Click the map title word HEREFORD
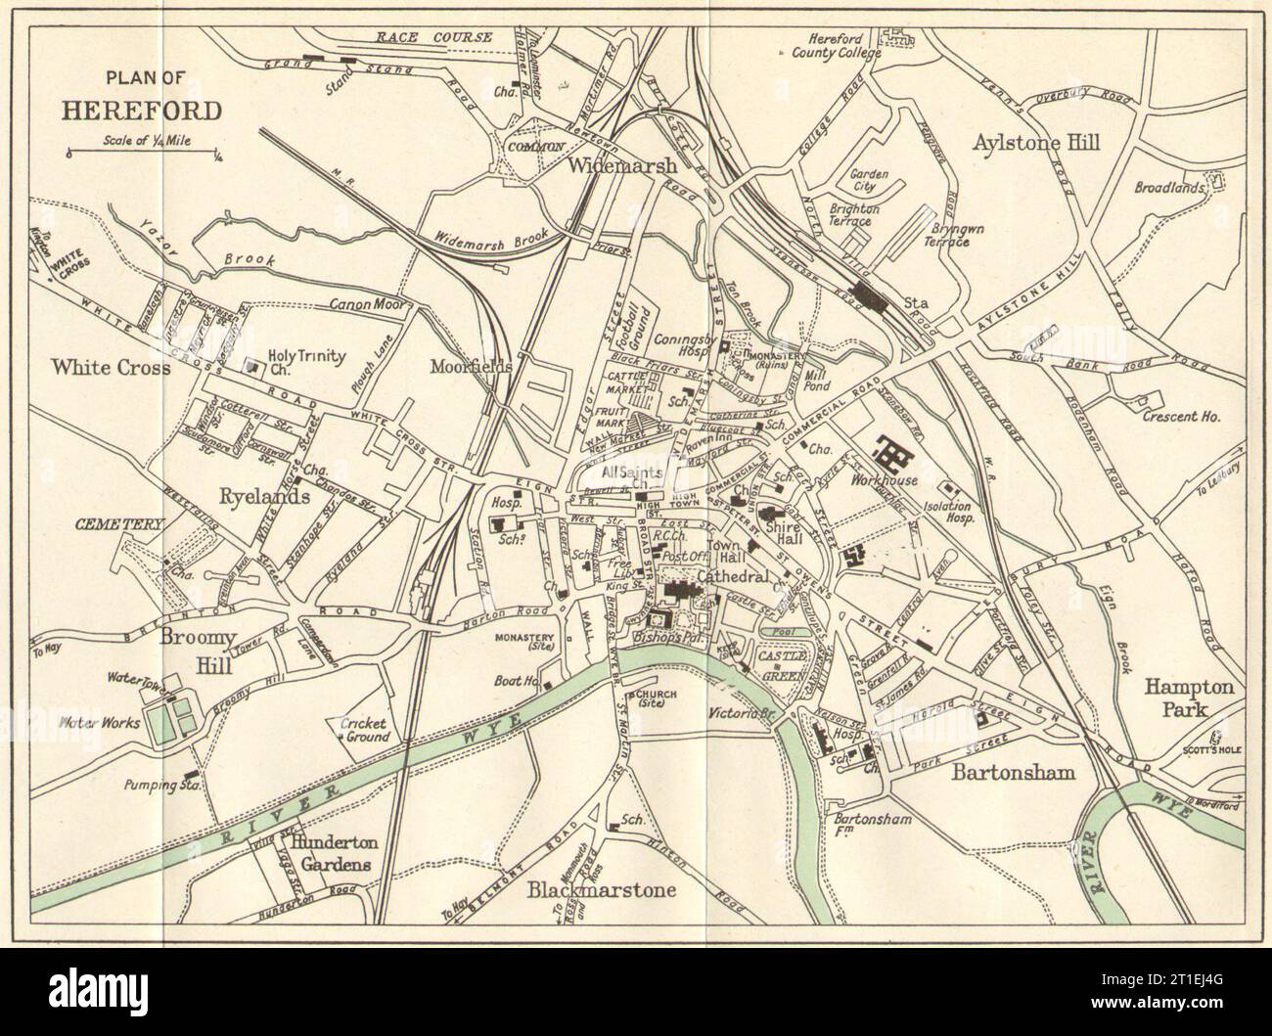click(142, 109)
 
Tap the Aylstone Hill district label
click(1036, 143)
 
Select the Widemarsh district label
click(623, 165)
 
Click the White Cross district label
click(112, 368)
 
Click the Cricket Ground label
click(364, 730)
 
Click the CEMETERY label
click(116, 524)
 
